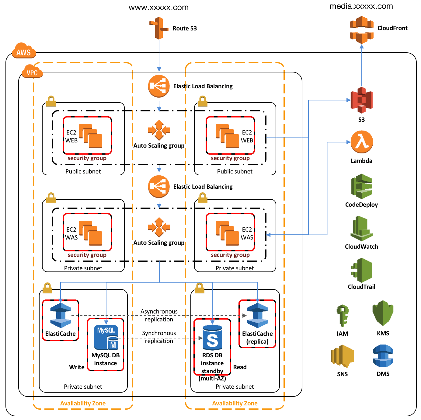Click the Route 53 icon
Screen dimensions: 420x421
point(158,28)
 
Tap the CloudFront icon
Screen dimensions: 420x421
point(361,30)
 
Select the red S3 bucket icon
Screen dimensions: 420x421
point(361,100)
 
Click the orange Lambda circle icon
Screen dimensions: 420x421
point(361,142)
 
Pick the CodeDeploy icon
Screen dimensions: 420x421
point(361,186)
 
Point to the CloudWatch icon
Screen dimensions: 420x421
point(361,229)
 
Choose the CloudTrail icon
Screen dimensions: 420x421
point(361,270)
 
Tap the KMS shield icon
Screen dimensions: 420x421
point(383,313)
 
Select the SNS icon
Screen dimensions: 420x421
point(343,355)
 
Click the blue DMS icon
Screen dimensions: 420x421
point(383,355)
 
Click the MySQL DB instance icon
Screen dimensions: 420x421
point(106,338)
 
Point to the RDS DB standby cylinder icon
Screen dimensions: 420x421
point(212,337)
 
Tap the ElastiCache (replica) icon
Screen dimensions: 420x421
point(257,315)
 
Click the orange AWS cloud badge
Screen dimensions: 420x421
point(24,51)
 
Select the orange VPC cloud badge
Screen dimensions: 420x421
point(32,72)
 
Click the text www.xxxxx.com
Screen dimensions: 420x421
point(158,8)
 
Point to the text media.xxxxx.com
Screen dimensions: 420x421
point(361,6)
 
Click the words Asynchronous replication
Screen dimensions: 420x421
point(159,315)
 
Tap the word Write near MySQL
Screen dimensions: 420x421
point(77,367)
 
